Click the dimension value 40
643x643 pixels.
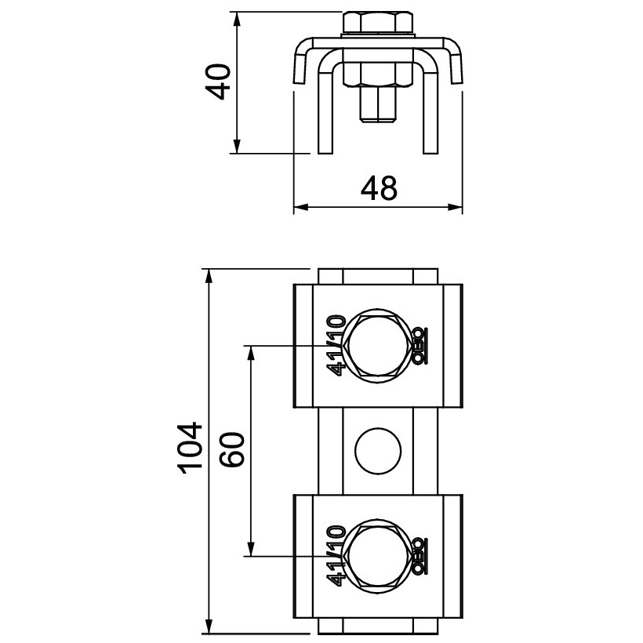click(x=217, y=82)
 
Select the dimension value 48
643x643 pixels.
click(x=379, y=189)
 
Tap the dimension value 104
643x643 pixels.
click(x=190, y=448)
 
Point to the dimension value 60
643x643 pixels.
click(x=231, y=449)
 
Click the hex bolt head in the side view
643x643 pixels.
click(x=378, y=23)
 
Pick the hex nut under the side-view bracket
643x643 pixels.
click(x=378, y=74)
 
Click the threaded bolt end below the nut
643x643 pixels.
click(x=378, y=105)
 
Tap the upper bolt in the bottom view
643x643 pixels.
click(x=378, y=346)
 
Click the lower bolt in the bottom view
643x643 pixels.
click(x=378, y=556)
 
